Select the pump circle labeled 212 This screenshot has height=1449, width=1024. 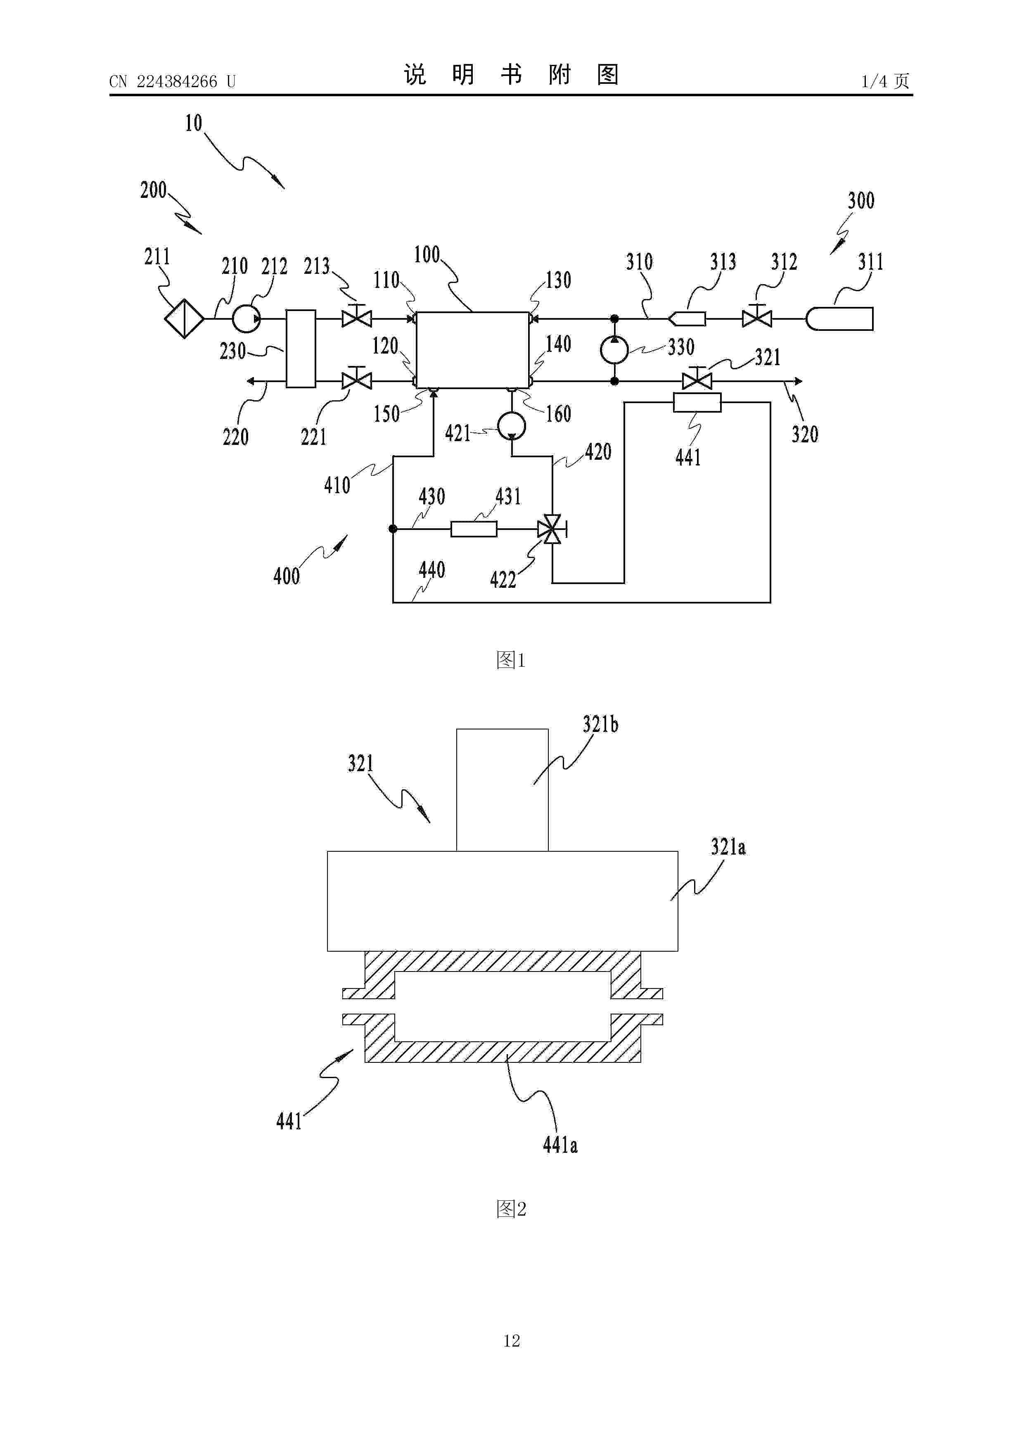pyautogui.click(x=245, y=319)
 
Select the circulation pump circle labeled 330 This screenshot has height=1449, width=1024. pyautogui.click(x=614, y=349)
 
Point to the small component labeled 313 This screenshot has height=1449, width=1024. pyautogui.click(x=687, y=319)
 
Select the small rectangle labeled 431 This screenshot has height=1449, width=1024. pyautogui.click(x=474, y=529)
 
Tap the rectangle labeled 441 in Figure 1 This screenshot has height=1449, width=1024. pyautogui.click(x=697, y=402)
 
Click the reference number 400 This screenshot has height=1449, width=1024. pyautogui.click(x=287, y=575)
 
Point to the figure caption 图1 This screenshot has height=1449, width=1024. pyautogui.click(x=511, y=660)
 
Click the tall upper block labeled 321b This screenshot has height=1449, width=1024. pyautogui.click(x=502, y=789)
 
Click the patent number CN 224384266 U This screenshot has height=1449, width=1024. pyautogui.click(x=172, y=81)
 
